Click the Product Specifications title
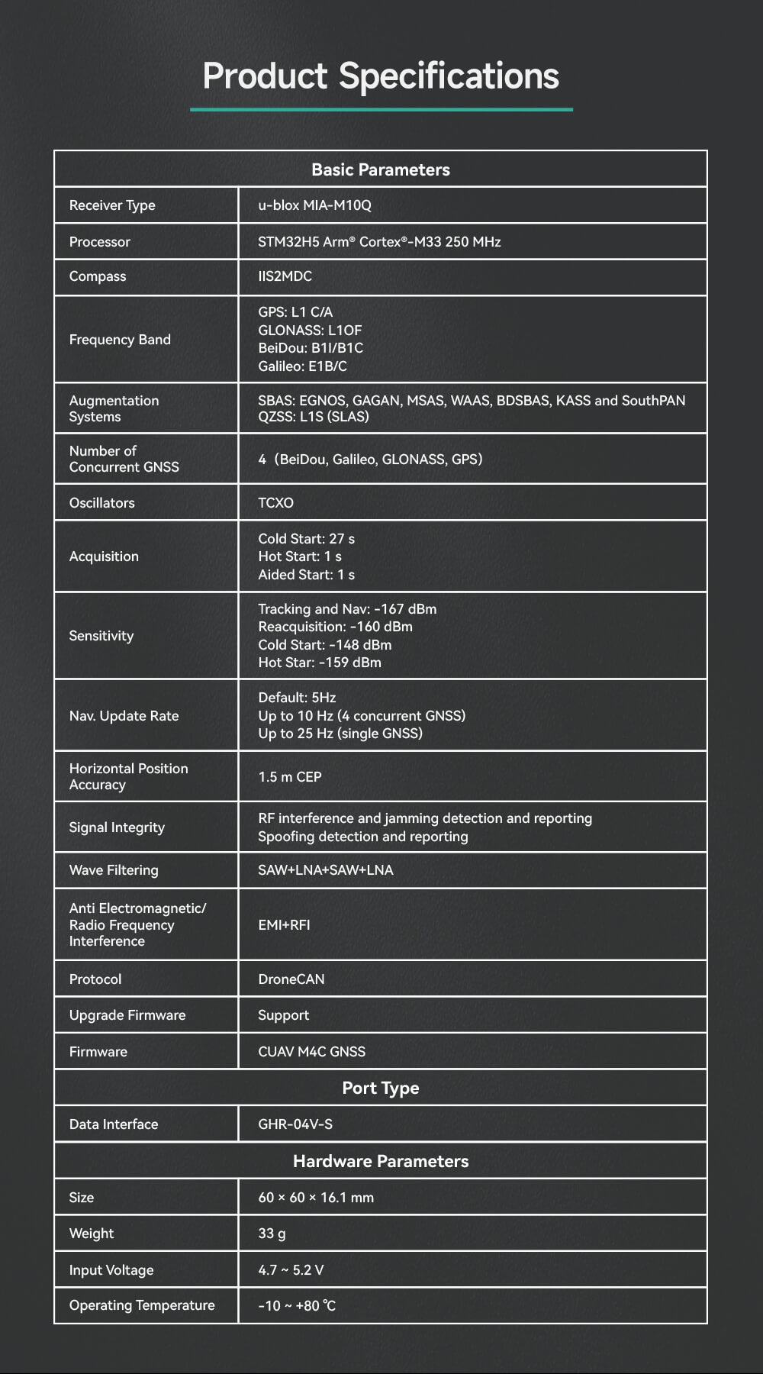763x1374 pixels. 381,76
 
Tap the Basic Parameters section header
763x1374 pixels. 381,169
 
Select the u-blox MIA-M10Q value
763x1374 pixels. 314,205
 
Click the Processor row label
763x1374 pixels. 100,242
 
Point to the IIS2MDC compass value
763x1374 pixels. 285,276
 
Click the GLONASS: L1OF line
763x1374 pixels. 310,331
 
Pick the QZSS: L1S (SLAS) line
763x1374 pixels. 313,417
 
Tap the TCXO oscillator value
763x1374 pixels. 275,503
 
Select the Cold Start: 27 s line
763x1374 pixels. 306,539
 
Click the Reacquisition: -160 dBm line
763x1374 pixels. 335,627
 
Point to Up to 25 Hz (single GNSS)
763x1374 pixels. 340,734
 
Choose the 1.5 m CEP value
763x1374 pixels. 290,777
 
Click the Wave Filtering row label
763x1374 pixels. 114,870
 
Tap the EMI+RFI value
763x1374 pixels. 284,925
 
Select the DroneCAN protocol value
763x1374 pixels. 291,979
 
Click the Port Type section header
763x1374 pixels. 381,1088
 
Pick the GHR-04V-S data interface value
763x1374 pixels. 295,1124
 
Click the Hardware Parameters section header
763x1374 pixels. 381,1161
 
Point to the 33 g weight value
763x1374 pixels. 272,1234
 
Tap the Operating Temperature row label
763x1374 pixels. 142,1305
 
